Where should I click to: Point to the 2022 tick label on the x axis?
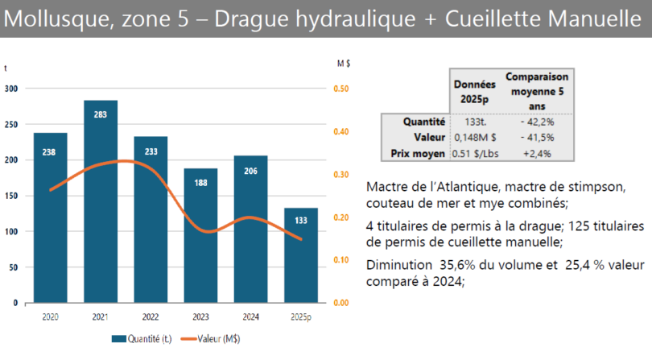coord(151,316)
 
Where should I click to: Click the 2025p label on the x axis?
coord(301,316)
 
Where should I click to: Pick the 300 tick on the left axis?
coord(11,89)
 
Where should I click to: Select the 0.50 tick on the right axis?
coord(340,89)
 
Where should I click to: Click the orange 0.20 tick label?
coord(340,217)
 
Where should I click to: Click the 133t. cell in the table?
coord(476,122)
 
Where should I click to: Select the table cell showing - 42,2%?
coord(537,122)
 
